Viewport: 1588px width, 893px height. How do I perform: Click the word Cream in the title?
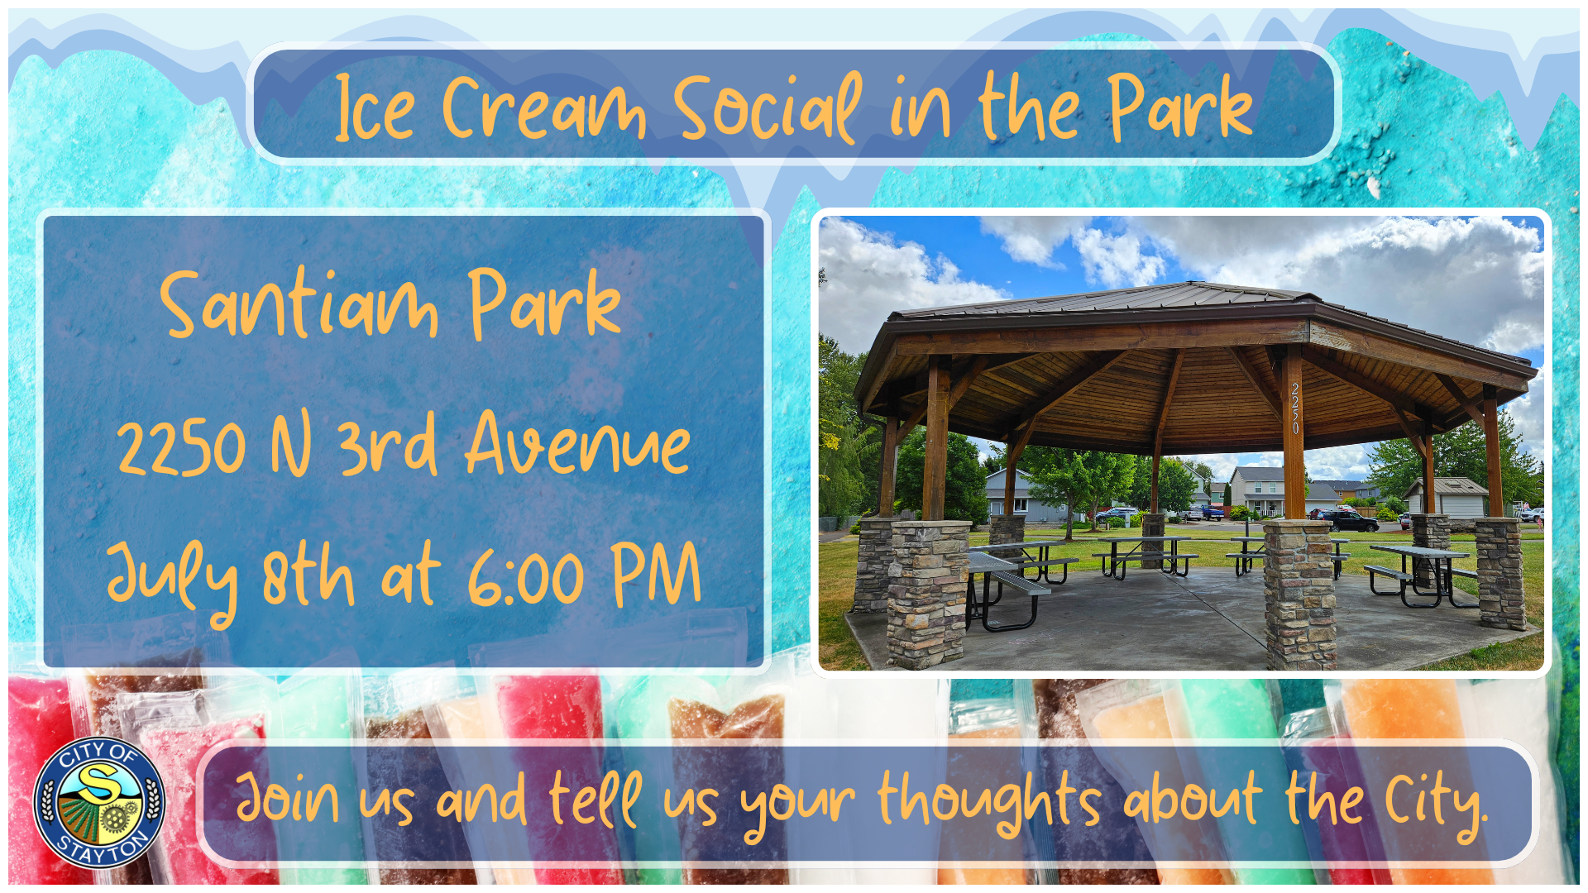(543, 109)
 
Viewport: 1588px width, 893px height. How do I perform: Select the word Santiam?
(299, 305)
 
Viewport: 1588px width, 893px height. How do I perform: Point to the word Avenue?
(577, 444)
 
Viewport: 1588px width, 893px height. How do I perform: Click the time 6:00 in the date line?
(526, 578)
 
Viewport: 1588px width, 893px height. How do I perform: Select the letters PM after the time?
(657, 575)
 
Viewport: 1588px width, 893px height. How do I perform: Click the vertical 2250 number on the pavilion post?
(1295, 408)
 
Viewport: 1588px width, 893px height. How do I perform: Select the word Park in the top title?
(1180, 107)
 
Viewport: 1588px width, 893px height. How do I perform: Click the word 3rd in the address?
(386, 444)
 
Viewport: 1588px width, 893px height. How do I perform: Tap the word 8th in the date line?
(308, 575)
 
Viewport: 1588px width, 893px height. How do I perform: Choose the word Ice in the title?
(375, 109)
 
